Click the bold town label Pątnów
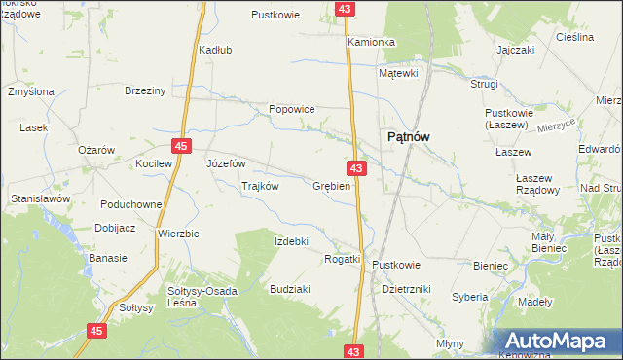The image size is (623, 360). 409,137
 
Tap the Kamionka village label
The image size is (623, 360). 371,43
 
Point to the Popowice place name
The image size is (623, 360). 291,109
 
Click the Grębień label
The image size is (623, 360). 332,186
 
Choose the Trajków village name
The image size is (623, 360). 260,186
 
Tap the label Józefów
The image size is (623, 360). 226,163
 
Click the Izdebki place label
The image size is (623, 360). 291,241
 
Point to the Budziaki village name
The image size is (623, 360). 290,289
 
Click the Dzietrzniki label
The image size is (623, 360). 407,289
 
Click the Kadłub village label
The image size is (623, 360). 214,50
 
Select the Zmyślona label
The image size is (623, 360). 30,91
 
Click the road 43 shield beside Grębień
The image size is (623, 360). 357,169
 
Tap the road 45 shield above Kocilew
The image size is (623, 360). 181,146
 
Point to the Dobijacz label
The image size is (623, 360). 116,230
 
